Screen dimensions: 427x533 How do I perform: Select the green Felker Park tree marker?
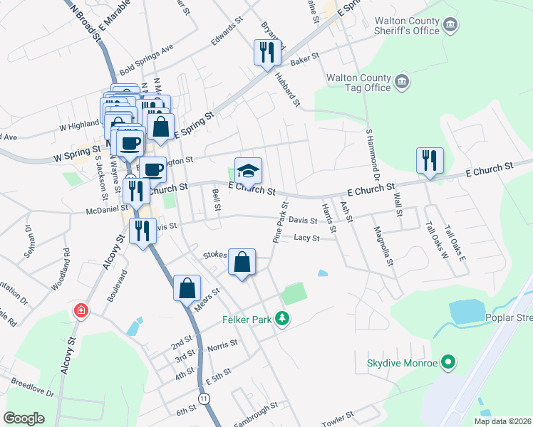click(x=283, y=320)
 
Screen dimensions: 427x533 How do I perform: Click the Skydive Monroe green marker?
click(x=448, y=363)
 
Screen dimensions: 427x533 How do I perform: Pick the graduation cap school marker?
click(x=248, y=172)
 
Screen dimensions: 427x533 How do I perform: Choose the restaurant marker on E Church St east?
click(x=430, y=160)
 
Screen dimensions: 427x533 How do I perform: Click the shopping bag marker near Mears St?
click(x=187, y=289)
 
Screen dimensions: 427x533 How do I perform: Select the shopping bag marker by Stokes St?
click(x=242, y=262)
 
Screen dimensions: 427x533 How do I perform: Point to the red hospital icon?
click(x=81, y=311)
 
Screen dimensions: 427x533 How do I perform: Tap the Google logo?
click(x=24, y=418)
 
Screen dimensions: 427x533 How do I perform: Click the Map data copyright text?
click(x=502, y=421)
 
